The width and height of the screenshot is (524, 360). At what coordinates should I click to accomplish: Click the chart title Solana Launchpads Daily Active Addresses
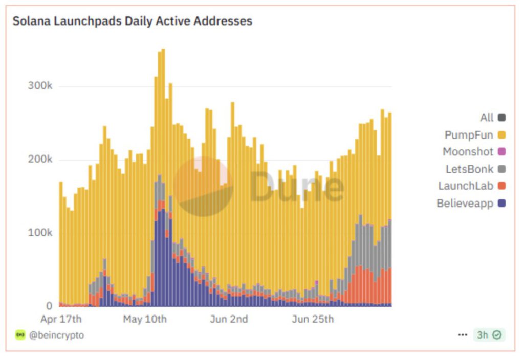coord(132,21)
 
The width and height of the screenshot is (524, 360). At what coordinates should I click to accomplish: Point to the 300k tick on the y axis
coord(40,86)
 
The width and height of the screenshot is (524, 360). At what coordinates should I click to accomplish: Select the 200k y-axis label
coord(40,160)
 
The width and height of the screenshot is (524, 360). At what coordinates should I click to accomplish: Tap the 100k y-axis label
coord(40,233)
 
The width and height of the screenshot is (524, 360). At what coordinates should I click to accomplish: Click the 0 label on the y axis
coord(49,306)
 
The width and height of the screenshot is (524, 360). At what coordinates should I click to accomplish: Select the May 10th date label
coord(145,320)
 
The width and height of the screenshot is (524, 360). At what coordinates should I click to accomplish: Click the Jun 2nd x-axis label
coord(229,320)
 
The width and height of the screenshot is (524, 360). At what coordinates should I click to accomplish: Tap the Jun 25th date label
coord(313,320)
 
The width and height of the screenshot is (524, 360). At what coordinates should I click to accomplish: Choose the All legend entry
coord(487,118)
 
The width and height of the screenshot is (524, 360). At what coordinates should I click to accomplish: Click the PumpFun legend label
coord(469,135)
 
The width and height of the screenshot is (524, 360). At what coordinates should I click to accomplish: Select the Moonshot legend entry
coord(468,152)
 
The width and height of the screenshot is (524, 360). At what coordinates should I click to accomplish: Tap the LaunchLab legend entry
coord(466,186)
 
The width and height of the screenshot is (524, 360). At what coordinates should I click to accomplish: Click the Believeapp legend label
coord(465,204)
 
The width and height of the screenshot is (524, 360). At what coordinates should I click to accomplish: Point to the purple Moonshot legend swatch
coord(501,152)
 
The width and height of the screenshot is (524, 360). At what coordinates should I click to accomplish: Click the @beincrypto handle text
coord(56,335)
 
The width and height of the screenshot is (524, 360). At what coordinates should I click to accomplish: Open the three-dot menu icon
coord(463,335)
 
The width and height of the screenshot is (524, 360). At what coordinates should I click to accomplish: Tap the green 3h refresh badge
coord(489,335)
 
